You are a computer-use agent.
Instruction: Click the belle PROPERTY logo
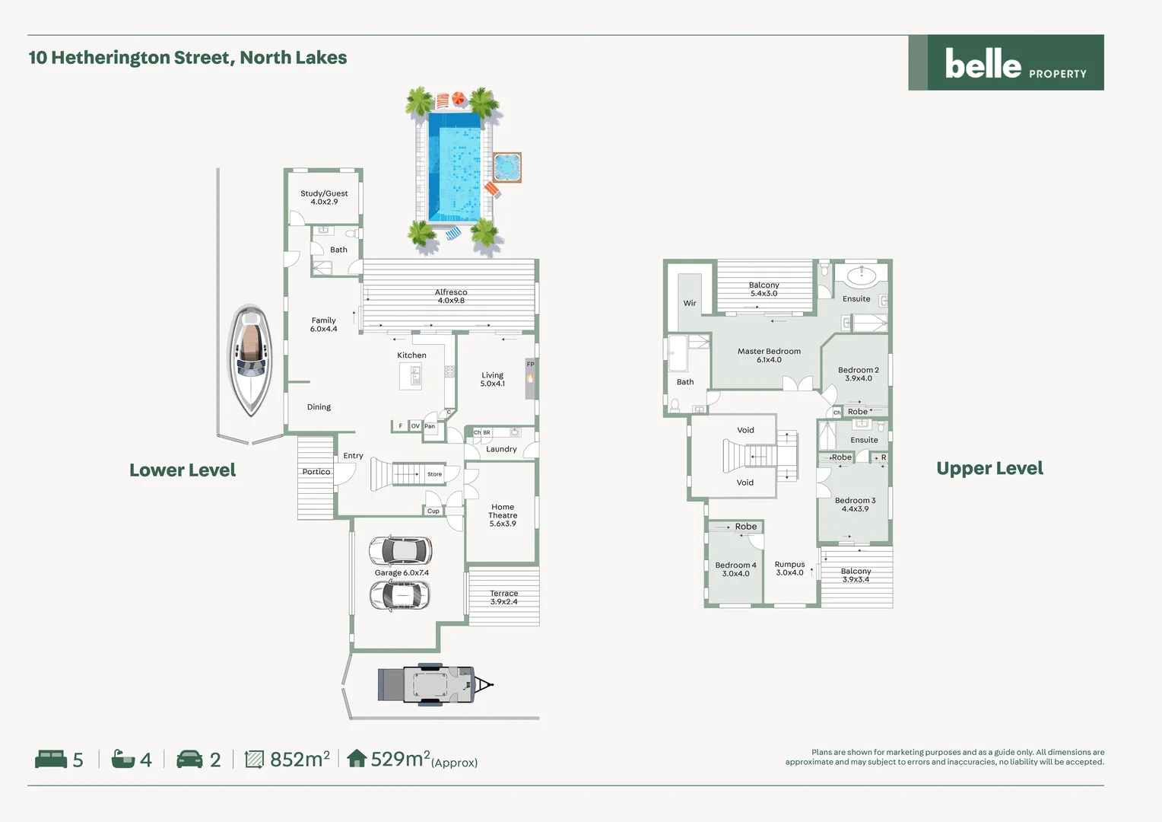1006,63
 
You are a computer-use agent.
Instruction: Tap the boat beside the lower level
250,360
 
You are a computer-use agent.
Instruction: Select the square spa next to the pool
506,167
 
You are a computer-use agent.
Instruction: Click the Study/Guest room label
324,198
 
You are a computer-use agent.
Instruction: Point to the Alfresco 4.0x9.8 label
451,296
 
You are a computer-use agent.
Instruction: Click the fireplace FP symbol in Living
530,378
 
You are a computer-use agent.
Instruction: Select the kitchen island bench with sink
411,375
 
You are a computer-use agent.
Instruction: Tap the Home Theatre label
503,515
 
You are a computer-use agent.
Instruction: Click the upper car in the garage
401,550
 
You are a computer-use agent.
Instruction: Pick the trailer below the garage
433,683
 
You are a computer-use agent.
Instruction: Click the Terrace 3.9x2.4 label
503,597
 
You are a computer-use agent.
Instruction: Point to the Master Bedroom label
769,355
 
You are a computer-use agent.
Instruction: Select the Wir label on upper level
690,303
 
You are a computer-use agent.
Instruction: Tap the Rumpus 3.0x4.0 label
789,569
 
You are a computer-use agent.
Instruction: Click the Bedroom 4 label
735,569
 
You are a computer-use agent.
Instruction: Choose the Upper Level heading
989,468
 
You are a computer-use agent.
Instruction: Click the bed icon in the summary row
51,759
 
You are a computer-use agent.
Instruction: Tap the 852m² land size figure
300,759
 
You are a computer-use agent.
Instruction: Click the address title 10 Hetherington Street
188,58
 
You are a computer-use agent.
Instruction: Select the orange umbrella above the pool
459,99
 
